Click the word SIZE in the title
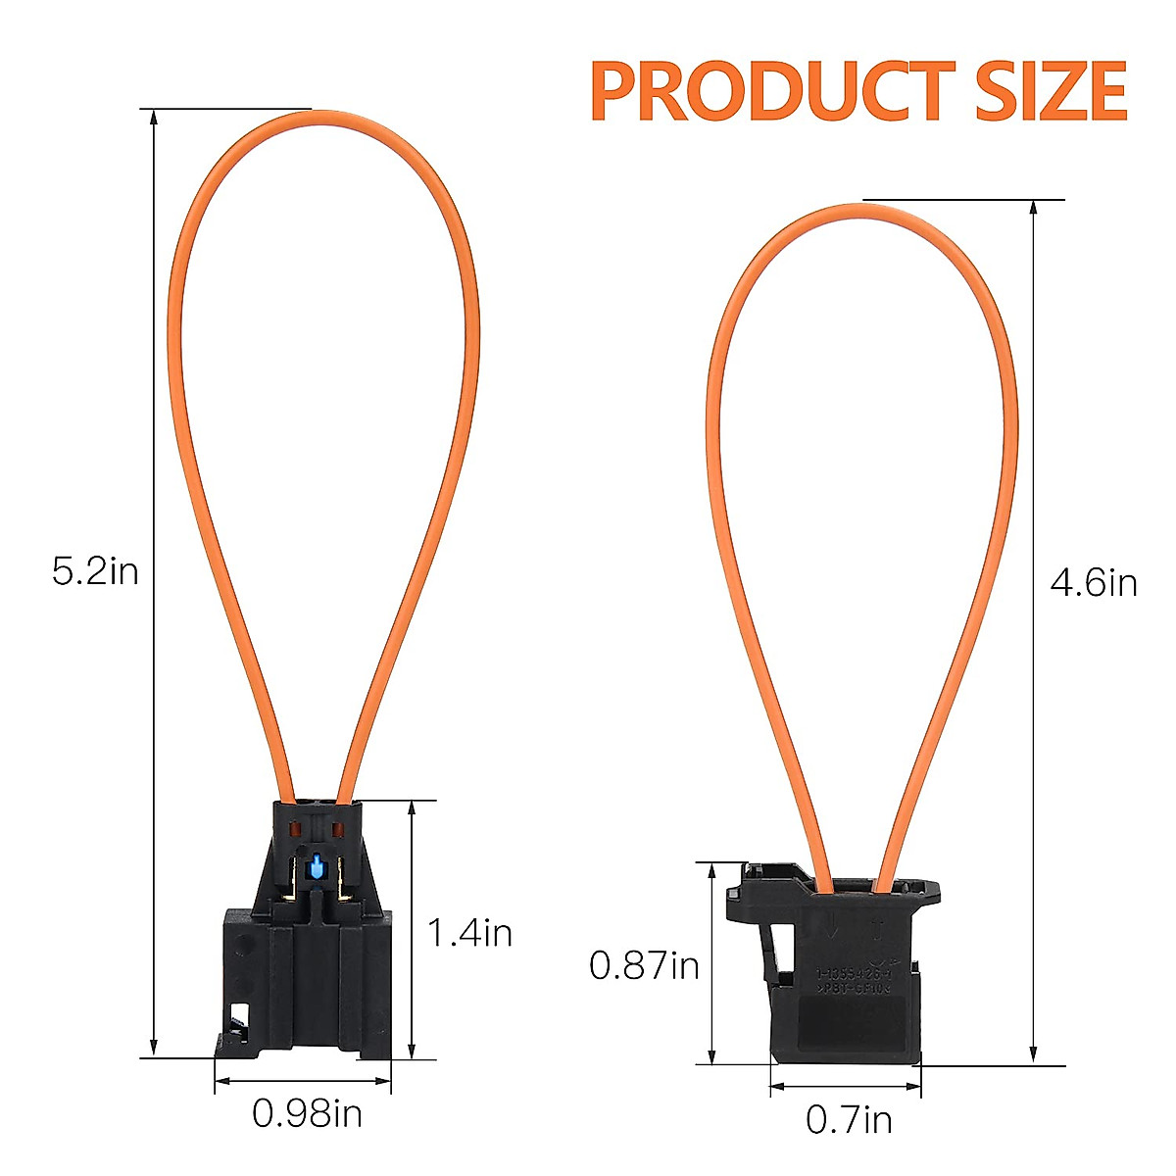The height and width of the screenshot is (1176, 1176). tap(1050, 91)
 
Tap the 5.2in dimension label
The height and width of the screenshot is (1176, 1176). tap(95, 570)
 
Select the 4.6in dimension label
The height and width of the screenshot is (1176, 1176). tap(1094, 584)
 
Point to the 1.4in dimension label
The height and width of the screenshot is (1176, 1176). tap(469, 932)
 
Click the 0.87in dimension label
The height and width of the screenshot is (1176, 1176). tap(644, 966)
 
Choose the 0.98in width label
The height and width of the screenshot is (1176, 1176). tap(307, 1113)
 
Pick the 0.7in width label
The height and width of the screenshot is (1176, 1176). tap(849, 1119)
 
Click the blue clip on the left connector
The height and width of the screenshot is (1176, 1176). tap(317, 866)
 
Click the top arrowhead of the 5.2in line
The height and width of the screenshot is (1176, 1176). tap(153, 117)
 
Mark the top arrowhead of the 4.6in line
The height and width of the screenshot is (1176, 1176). tap(1034, 209)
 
